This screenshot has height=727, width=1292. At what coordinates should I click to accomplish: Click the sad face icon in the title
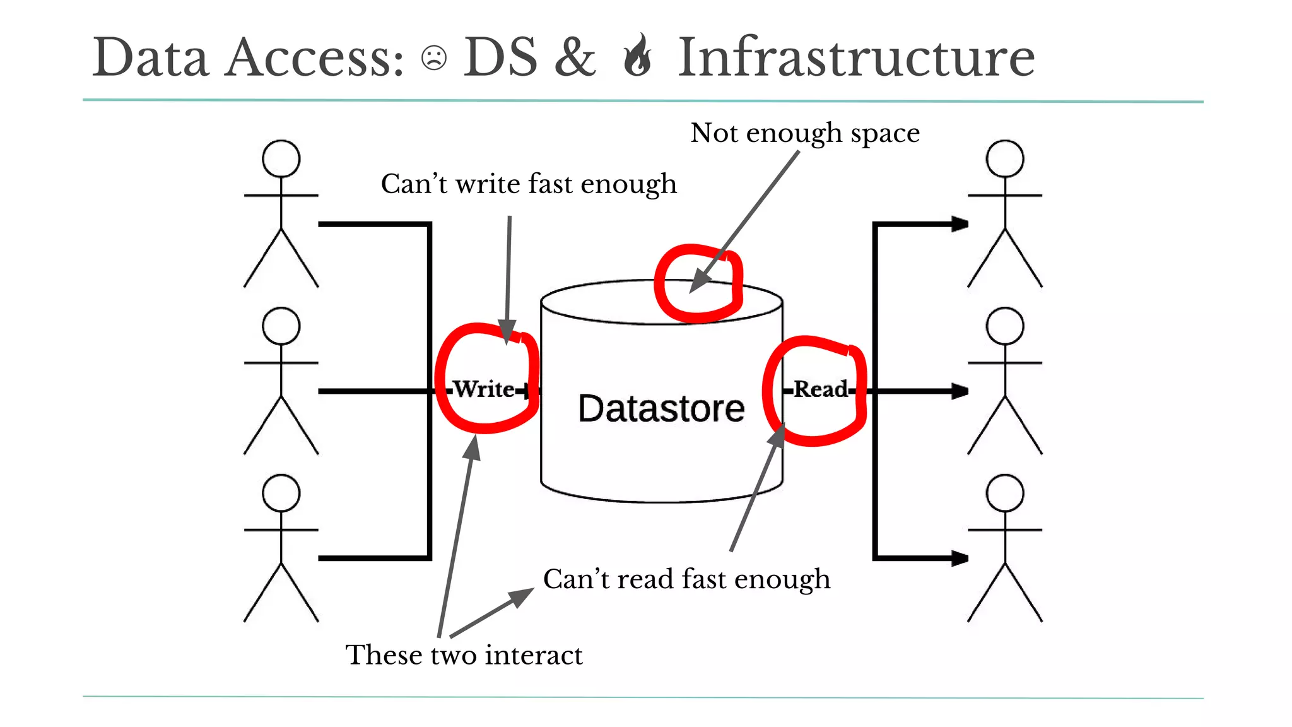point(434,58)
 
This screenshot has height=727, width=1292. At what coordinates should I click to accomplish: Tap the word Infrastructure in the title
point(856,58)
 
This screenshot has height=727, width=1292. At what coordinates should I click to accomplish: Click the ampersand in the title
point(575,58)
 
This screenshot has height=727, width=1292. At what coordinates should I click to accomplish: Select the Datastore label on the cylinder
point(661,408)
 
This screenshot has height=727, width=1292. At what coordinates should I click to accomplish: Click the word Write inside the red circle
point(484,389)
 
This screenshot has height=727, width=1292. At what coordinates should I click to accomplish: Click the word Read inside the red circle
point(821,389)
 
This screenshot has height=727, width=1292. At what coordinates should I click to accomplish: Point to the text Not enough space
point(805,133)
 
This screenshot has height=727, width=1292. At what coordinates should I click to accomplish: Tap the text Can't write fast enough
point(529,184)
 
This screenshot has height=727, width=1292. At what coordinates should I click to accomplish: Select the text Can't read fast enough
point(686,579)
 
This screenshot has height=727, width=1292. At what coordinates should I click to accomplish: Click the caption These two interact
point(464,654)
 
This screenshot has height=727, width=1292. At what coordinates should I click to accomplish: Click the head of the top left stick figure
point(281,158)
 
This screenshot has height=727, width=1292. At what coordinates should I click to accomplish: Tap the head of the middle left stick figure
point(281,326)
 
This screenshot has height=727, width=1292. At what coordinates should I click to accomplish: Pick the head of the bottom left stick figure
point(281,493)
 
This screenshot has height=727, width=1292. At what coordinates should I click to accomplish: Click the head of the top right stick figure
point(1005,158)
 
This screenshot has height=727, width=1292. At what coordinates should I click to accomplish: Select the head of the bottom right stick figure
point(1005,493)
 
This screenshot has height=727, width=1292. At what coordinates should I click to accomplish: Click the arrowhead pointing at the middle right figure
point(960,391)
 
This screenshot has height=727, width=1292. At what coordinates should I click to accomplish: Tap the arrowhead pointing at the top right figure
point(960,224)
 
